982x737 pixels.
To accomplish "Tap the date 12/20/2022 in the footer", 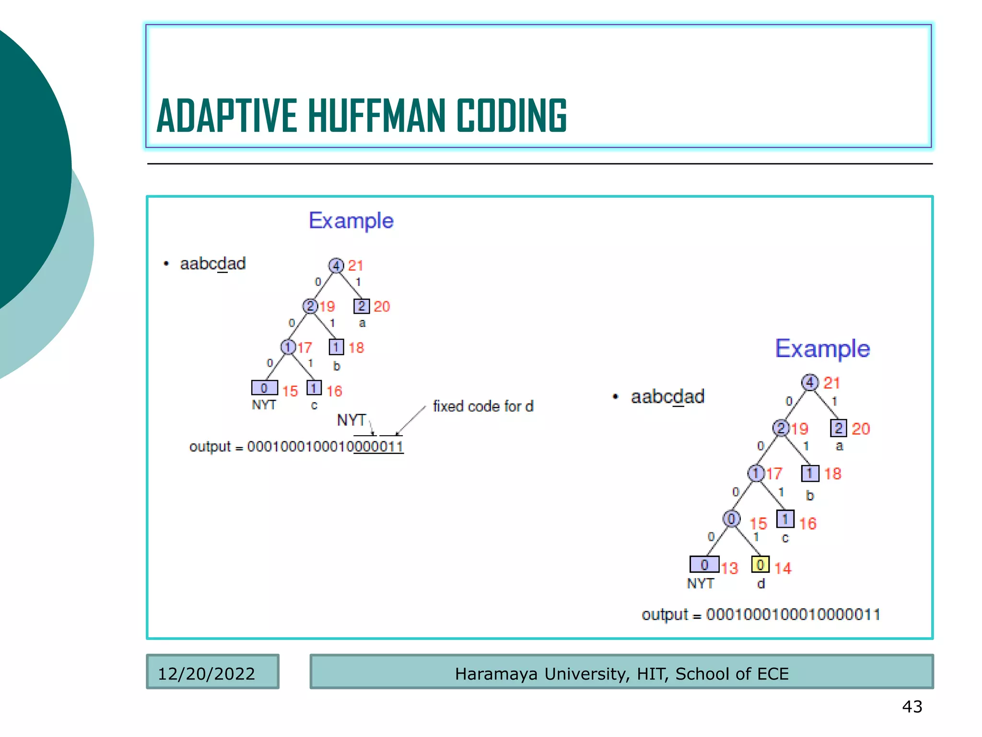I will pos(206,674).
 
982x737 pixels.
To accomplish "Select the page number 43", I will pos(912,706).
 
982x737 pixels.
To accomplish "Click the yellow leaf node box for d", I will pos(760,565).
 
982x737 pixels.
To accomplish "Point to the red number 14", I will pos(783,569).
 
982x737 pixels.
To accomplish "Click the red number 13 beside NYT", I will pos(730,569).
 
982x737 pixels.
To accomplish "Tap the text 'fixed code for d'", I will pos(483,406).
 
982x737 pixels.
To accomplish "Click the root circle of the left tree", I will pos(336,265).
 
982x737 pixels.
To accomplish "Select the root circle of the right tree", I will pos(810,382).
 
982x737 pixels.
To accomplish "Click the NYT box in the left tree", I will pos(264,388).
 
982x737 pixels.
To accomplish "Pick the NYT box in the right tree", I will pos(704,565).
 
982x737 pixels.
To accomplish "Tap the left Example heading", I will pos(351,221).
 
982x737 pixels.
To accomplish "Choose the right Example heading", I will pos(822,348).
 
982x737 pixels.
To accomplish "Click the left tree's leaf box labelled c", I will pos(314,388).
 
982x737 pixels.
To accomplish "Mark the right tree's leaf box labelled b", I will pos(810,474).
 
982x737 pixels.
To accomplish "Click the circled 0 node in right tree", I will pos(731,519).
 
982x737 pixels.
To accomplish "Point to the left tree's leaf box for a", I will pos(362,306).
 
